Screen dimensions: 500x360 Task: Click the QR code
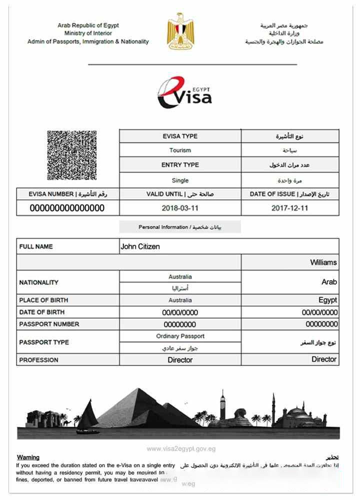click(x=71, y=155)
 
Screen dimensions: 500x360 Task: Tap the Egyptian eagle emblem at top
click(x=179, y=31)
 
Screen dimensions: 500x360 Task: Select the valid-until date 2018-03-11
click(x=180, y=208)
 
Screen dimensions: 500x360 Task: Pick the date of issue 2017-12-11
click(x=289, y=208)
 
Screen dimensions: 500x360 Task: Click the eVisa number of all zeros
click(x=67, y=208)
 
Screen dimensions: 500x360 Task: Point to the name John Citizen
click(x=140, y=246)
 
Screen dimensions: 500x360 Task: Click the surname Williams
click(x=323, y=262)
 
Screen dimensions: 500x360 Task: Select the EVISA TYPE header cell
click(x=180, y=136)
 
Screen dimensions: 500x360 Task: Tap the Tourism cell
click(x=180, y=150)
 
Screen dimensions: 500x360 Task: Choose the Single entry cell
click(x=180, y=180)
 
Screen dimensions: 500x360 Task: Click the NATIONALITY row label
click(x=39, y=282)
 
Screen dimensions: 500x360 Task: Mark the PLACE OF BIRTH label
click(x=43, y=300)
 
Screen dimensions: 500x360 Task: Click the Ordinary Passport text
click(x=180, y=336)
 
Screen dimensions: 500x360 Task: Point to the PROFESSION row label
click(x=39, y=360)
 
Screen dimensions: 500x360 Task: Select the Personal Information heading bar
click(x=180, y=227)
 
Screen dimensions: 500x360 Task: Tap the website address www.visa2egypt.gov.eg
click(x=181, y=449)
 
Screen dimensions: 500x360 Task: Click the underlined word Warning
click(x=28, y=457)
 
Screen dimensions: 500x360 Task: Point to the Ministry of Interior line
click(x=88, y=33)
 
